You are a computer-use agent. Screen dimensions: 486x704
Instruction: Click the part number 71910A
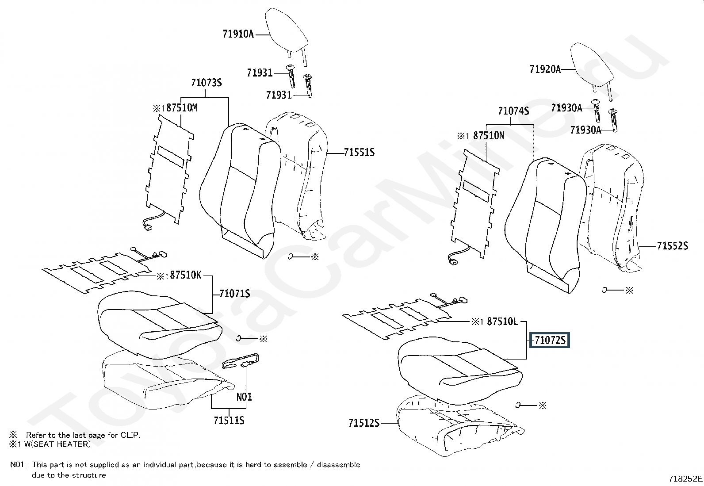238,34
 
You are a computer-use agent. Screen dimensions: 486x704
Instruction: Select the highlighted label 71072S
550,341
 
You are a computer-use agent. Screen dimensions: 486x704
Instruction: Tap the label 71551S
359,153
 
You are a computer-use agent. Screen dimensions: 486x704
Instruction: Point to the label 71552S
672,246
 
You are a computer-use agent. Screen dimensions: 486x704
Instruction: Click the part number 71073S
206,83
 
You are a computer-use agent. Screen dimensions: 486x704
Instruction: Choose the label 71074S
513,111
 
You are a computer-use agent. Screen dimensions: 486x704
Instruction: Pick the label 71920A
545,69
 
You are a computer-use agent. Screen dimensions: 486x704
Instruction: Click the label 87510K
185,276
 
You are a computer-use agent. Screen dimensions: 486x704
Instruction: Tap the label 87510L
502,322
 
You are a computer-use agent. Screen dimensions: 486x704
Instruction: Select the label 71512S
364,423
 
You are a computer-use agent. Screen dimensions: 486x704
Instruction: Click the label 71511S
229,420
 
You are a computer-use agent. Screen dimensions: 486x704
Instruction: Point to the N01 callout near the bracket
244,397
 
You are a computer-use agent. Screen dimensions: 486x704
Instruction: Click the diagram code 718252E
685,478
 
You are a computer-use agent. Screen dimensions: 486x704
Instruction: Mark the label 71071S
234,294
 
